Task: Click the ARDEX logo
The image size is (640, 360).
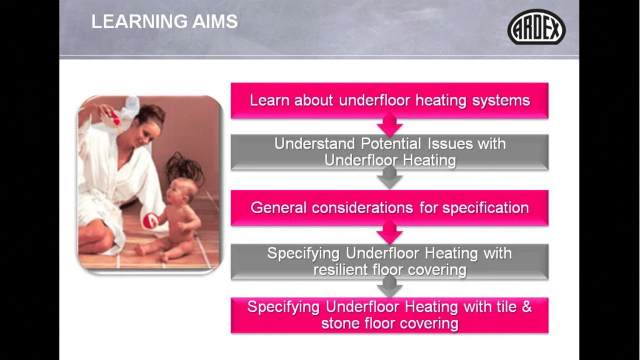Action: pos(536,27)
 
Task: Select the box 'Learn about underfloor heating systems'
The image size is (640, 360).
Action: pos(389,101)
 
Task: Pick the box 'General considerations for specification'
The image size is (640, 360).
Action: pos(389,207)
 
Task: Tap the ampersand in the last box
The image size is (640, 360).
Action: pos(526,307)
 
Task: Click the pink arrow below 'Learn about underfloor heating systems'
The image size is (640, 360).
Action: pos(390,125)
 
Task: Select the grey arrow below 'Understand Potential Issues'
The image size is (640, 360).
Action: pos(390,178)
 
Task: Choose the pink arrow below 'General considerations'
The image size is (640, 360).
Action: pos(390,233)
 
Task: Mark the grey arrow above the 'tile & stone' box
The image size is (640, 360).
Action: pos(390,286)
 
